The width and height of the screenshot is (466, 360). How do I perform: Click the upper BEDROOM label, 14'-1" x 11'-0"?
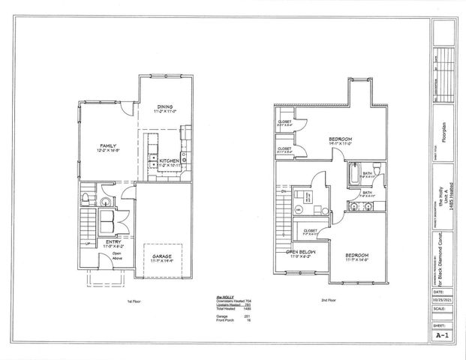point(340,140)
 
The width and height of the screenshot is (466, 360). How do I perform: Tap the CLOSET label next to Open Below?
point(310,231)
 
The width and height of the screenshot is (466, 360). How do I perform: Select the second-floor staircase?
point(281,222)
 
